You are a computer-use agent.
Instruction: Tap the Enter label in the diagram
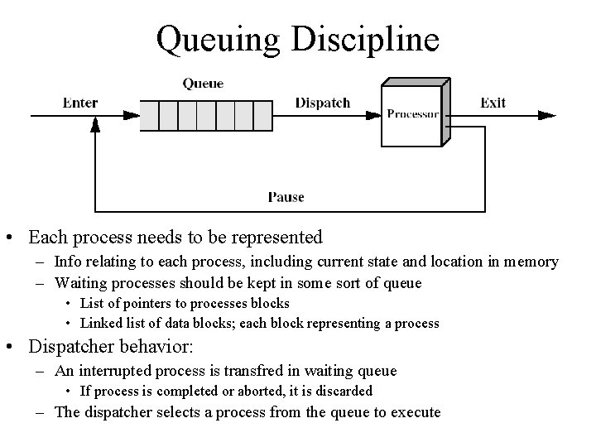(80, 103)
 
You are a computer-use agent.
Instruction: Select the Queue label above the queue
(202, 84)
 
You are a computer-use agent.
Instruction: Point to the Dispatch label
(323, 103)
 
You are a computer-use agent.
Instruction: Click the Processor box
(414, 113)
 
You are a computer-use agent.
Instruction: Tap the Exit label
(493, 103)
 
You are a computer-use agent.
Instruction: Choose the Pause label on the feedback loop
(286, 197)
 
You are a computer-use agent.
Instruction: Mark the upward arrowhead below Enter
(95, 124)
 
